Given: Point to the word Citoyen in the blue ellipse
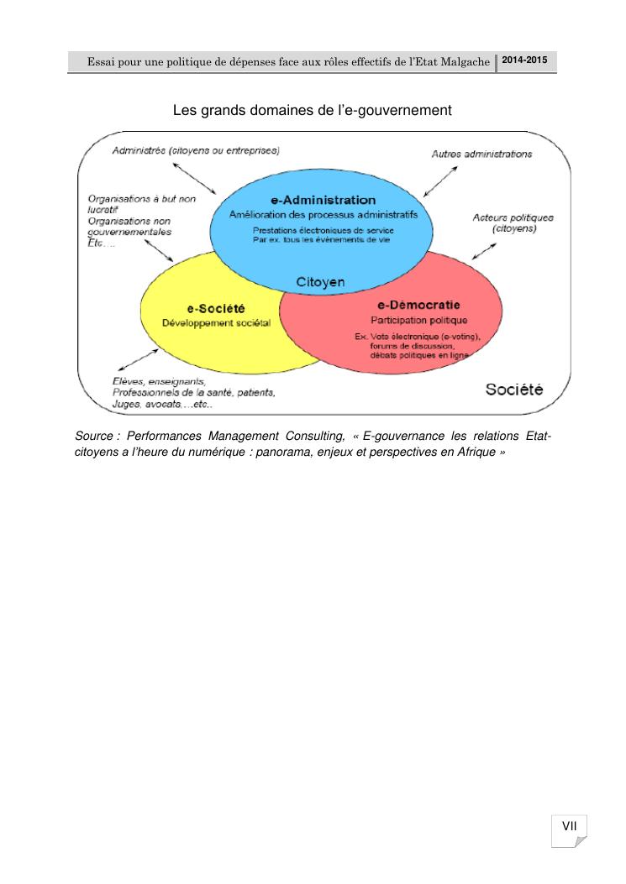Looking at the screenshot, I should click(x=320, y=282).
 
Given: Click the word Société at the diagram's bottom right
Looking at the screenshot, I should click(x=515, y=390).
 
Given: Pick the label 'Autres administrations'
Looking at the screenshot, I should click(x=481, y=154).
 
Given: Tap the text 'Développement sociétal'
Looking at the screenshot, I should click(x=216, y=324).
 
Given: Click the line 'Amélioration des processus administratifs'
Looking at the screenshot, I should click(x=323, y=214).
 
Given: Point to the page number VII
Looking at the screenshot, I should click(x=569, y=827).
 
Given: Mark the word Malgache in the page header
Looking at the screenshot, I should click(x=465, y=64).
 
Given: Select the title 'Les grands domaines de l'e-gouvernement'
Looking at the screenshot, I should click(x=313, y=110).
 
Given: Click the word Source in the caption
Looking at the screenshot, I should click(x=94, y=436).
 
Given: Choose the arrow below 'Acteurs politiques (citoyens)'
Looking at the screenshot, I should click(x=482, y=248).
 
